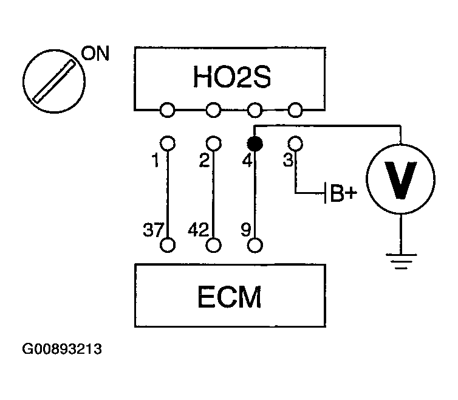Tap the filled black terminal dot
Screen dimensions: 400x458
[255, 144]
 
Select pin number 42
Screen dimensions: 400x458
[199, 230]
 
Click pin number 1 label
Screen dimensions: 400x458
[157, 162]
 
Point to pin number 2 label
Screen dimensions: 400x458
[203, 162]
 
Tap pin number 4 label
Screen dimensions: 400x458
[247, 162]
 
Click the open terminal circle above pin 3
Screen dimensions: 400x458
[295, 143]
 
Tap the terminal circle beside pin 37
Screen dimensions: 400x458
[168, 245]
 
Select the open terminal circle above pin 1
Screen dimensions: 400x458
[168, 143]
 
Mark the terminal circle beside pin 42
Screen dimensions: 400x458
[213, 245]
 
